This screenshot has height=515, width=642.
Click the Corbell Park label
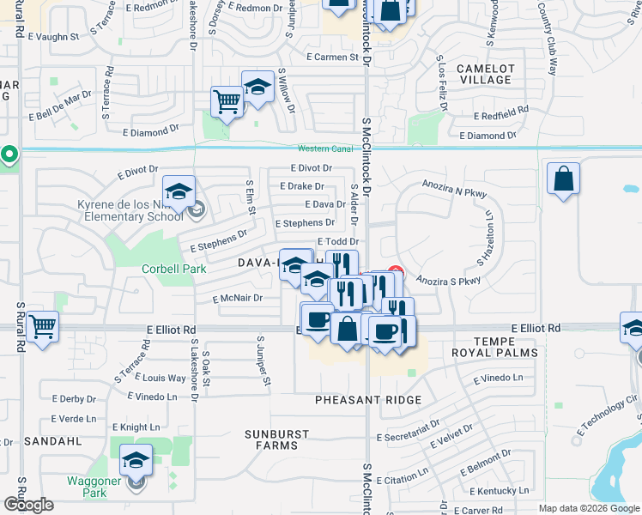point(174,269)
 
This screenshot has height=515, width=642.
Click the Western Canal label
point(325,148)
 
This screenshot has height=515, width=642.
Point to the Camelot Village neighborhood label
point(485,74)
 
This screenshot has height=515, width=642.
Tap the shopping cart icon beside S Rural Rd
point(43,326)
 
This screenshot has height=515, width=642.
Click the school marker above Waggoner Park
point(136,460)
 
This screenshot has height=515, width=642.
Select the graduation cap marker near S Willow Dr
point(257,88)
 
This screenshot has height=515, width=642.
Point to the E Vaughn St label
point(53,37)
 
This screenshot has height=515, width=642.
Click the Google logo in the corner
point(29,505)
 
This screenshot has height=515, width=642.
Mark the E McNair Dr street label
point(237,299)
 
